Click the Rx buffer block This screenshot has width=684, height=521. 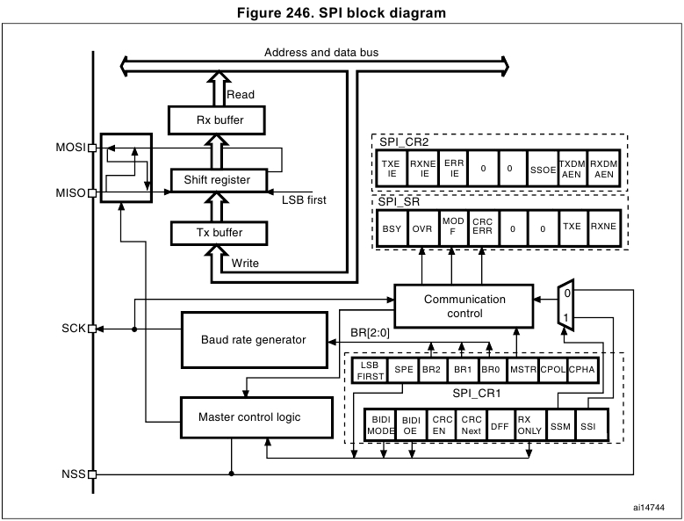[x=217, y=120]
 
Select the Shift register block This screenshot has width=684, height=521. [x=217, y=180]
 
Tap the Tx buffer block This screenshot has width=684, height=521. [x=217, y=233]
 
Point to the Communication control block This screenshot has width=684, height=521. [x=464, y=307]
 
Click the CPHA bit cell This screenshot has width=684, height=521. [x=582, y=371]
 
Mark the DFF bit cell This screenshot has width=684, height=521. [x=499, y=426]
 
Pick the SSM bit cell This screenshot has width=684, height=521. [x=558, y=426]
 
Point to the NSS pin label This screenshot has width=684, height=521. [x=74, y=474]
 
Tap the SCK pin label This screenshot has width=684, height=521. [x=74, y=329]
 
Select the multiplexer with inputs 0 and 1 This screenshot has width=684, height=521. [x=567, y=304]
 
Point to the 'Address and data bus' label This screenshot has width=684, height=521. [x=321, y=53]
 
